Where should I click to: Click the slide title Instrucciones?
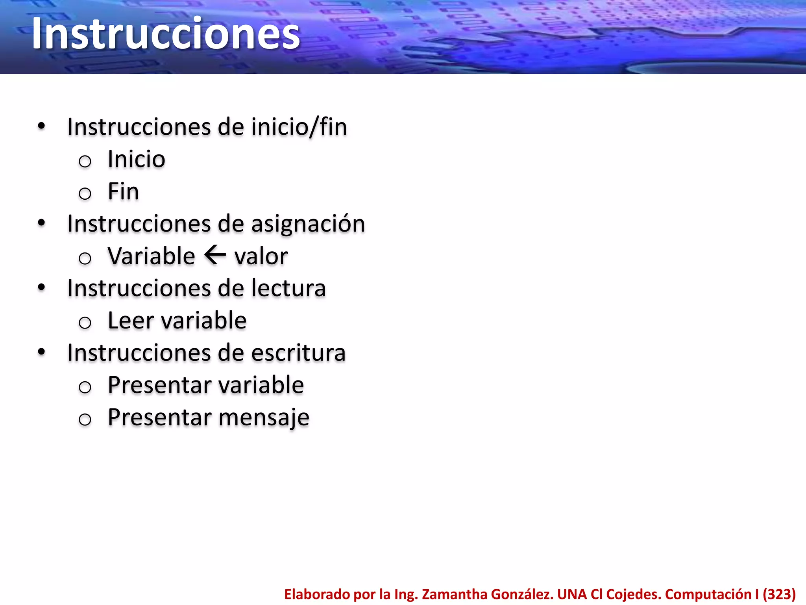(166, 34)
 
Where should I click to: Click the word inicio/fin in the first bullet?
(299, 127)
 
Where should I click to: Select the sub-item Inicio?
(136, 160)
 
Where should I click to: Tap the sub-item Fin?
(123, 192)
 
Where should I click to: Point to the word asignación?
(308, 224)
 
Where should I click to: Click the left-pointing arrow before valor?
(215, 255)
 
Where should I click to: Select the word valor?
(261, 256)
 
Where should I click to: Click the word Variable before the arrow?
(151, 256)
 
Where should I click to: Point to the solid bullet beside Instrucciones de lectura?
(41, 288)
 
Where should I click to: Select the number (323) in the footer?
(779, 594)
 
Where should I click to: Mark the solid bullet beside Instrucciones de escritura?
(41, 352)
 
